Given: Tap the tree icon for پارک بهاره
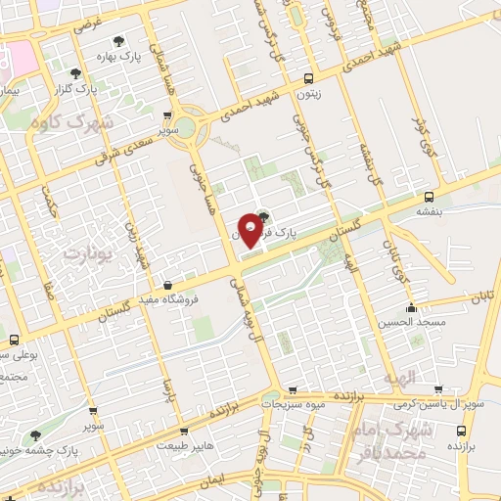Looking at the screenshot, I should (118, 42).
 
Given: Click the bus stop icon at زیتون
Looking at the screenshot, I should (309, 79).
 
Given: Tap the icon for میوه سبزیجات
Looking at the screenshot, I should (269, 402).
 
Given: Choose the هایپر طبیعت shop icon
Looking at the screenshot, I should (185, 430).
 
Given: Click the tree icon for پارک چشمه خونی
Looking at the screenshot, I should (35, 436).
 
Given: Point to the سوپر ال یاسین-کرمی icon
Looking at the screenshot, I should (437, 388).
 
